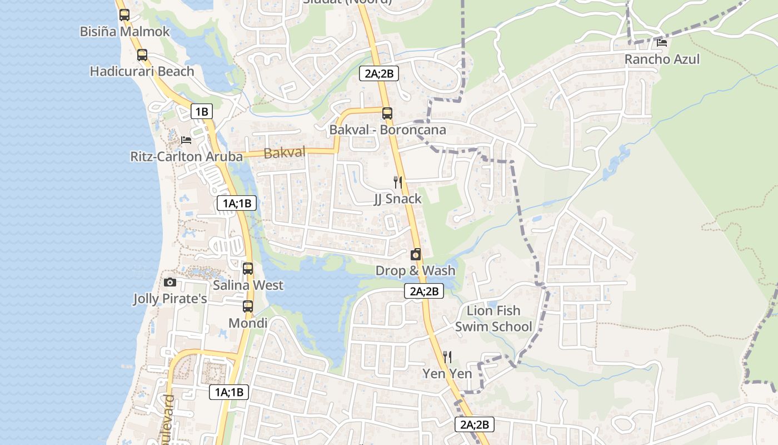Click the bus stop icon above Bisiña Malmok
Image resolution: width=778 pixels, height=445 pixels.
[x=124, y=15]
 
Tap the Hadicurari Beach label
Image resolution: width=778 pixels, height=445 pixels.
[x=142, y=71]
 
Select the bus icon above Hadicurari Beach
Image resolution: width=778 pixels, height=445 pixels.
[x=142, y=55]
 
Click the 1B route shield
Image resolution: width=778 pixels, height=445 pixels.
[x=201, y=112]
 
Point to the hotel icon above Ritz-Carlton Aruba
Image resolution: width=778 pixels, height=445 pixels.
[x=186, y=140]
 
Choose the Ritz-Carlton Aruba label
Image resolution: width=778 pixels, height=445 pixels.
[x=186, y=156]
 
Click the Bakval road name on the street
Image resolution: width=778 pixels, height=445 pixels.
[x=285, y=152]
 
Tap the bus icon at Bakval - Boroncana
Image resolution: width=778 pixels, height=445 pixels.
[x=387, y=113]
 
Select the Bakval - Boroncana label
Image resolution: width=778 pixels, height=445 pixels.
[x=387, y=130]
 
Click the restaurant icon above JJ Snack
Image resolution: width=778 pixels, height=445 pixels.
[x=397, y=182]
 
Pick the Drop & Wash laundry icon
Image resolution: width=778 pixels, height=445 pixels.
[x=415, y=255]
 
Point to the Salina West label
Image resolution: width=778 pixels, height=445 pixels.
[x=248, y=285]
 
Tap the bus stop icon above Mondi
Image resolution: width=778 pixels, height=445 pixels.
[x=248, y=306]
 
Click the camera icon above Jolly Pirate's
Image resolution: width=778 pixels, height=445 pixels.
[x=170, y=283]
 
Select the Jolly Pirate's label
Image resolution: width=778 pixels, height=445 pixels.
[x=170, y=299]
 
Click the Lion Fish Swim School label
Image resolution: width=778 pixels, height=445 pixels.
[x=493, y=318]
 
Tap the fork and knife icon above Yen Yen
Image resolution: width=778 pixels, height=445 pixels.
[x=447, y=357]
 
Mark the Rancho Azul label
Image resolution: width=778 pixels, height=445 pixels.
[x=662, y=59]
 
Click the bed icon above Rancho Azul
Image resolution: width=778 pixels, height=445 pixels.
[x=662, y=42]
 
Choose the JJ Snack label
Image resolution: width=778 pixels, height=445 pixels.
[x=397, y=199]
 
